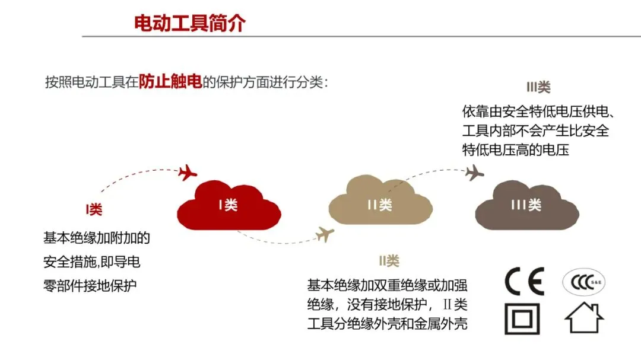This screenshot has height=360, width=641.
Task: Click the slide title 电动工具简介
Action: pyautogui.click(x=190, y=23)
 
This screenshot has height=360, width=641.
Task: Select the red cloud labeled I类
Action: pyautogui.click(x=229, y=205)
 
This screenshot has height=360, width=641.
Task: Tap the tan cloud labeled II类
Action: pyautogui.click(x=380, y=205)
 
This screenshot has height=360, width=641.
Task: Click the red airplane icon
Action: pyautogui.click(x=188, y=173)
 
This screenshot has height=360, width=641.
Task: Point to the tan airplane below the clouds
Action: pyautogui.click(x=325, y=234)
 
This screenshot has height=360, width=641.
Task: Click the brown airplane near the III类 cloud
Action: pyautogui.click(x=474, y=173)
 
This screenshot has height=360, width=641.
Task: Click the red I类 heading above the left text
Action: pyautogui.click(x=94, y=209)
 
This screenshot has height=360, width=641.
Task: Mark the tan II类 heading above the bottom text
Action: pyautogui.click(x=389, y=260)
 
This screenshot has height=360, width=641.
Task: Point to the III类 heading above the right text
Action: pyautogui.click(x=538, y=88)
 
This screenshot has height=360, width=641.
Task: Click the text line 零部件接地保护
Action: pyautogui.click(x=90, y=285)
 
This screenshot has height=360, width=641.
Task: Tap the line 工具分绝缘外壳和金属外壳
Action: pyautogui.click(x=387, y=324)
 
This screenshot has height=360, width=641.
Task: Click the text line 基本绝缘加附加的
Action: pyautogui.click(x=97, y=238)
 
